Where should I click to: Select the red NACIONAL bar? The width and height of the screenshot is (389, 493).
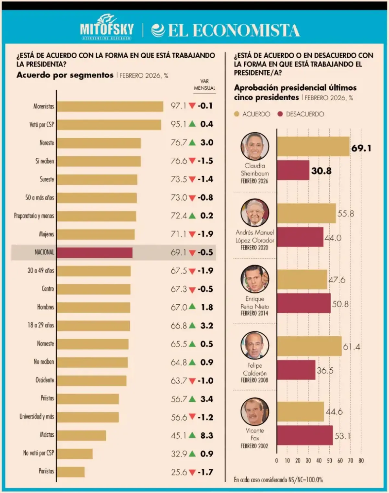click(94, 252)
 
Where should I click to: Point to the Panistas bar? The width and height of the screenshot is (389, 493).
click(71, 472)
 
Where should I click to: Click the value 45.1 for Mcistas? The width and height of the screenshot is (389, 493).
click(179, 436)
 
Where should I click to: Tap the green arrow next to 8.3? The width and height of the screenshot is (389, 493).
click(192, 435)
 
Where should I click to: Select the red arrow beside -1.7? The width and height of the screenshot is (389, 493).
click(192, 472)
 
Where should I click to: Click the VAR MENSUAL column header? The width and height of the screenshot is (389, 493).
click(205, 85)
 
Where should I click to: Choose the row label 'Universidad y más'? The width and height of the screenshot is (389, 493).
click(37, 417)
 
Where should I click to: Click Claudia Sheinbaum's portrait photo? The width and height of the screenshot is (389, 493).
click(255, 146)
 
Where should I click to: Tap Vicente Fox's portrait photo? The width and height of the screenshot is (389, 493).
click(255, 412)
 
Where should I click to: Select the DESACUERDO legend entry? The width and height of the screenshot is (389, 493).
click(301, 114)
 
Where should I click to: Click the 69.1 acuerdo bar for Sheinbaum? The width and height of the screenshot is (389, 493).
click(313, 147)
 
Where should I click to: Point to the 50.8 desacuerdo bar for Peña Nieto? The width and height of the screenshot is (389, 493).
click(304, 303)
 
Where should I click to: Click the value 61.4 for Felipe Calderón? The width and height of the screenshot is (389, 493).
click(351, 347)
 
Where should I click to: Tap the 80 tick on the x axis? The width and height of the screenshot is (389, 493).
click(361, 461)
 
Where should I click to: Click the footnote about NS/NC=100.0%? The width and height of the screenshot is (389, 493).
click(278, 480)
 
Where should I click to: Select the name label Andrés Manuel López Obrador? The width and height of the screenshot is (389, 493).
click(255, 236)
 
